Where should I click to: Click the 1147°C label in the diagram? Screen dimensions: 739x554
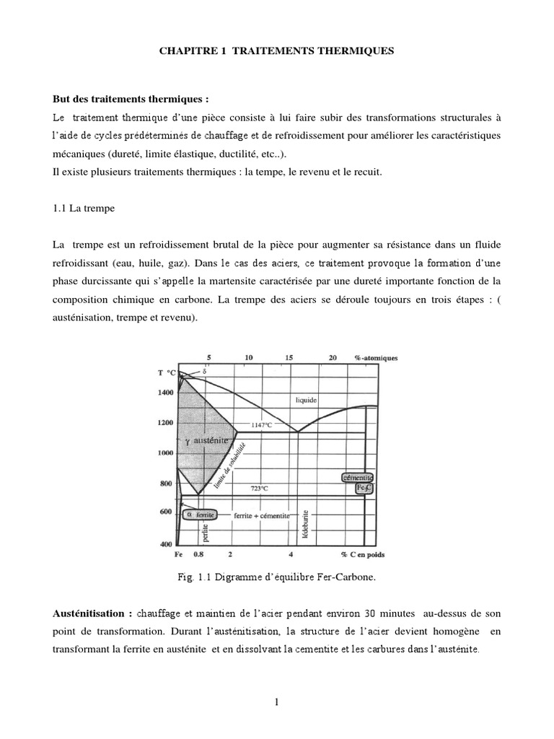tap(261, 425)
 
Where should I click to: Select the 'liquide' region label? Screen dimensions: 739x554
tap(307, 399)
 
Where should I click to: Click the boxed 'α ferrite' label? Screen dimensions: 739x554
tap(198, 515)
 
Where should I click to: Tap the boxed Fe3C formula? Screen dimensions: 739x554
tap(365, 489)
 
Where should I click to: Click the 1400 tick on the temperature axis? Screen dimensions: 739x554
tap(166, 393)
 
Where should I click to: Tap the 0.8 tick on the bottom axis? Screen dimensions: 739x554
tap(199, 555)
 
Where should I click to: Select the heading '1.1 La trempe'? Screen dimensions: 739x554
tap(84, 208)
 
